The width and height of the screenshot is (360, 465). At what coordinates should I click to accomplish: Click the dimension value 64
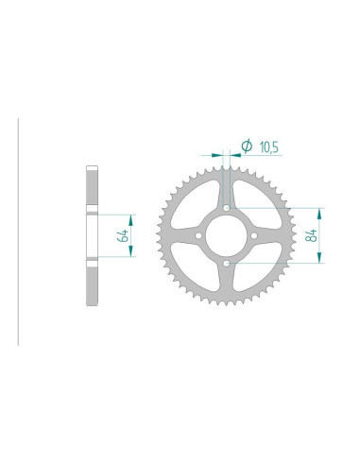point(123,235)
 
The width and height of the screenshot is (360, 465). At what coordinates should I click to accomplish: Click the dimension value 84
point(312,235)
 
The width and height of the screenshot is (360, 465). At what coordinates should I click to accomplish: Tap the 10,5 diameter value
point(268,147)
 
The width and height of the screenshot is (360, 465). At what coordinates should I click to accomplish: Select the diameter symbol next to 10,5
point(247,146)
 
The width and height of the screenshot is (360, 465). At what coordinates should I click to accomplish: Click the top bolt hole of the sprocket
point(227,208)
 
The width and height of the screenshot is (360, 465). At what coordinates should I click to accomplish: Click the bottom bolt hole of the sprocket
point(227,263)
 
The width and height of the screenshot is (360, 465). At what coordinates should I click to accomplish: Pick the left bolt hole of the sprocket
point(198,235)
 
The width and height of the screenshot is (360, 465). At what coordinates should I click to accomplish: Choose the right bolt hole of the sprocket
point(254,235)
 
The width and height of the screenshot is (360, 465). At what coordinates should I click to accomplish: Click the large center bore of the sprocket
point(226,235)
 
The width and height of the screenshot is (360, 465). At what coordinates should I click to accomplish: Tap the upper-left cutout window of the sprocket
point(192,205)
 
